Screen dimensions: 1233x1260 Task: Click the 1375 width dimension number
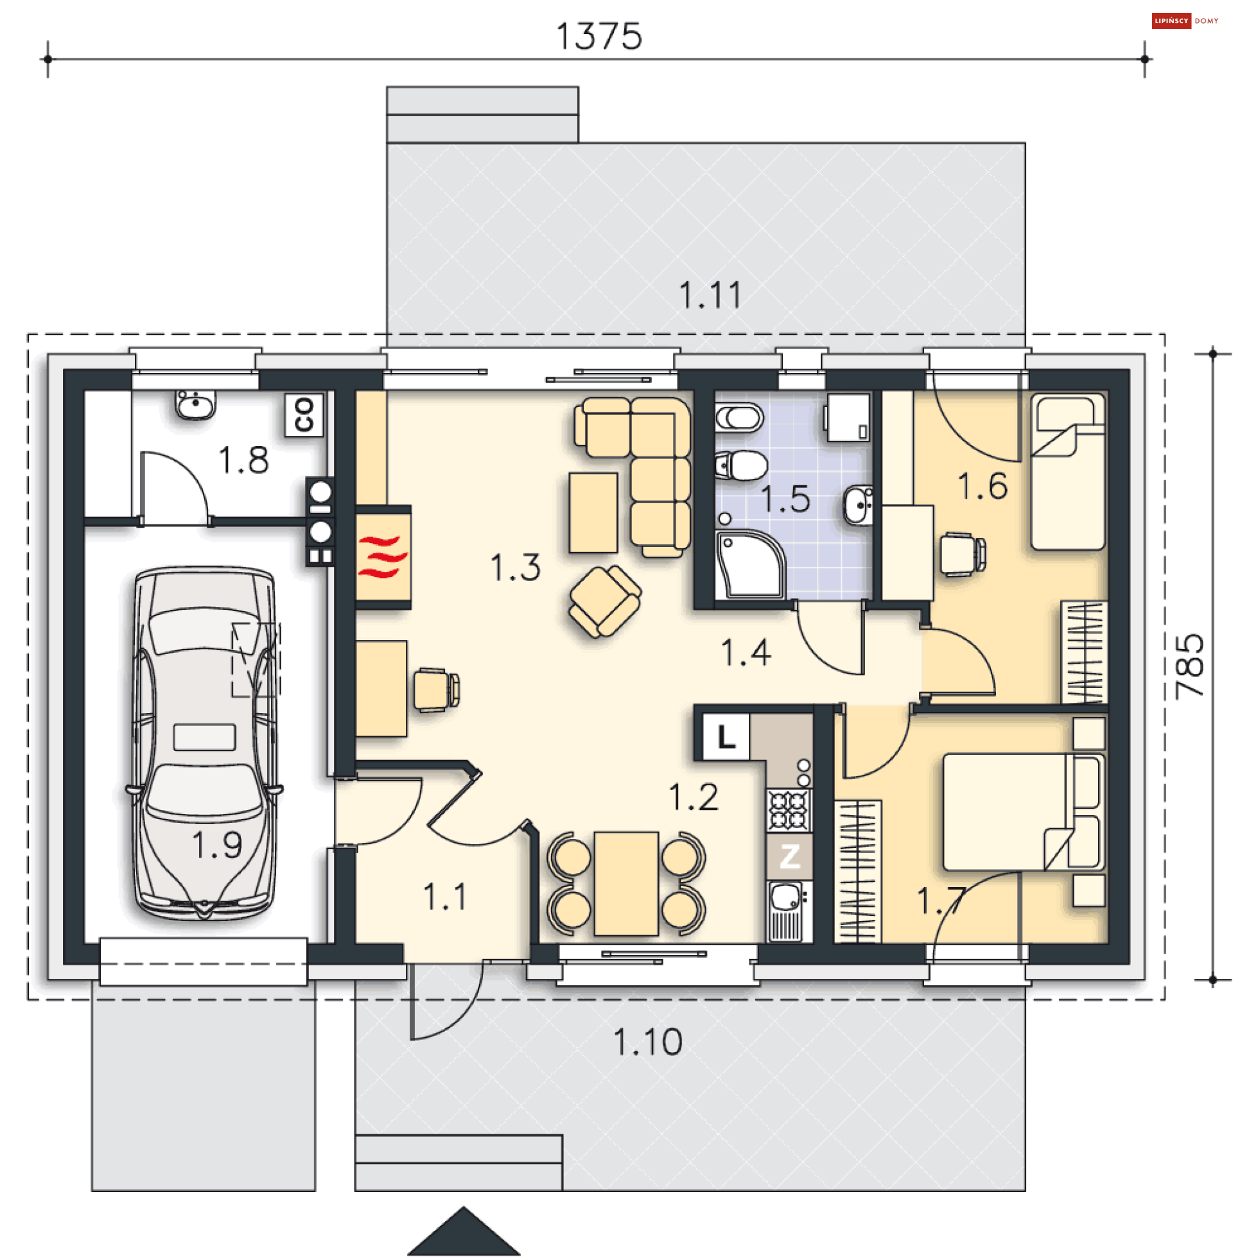(x=599, y=36)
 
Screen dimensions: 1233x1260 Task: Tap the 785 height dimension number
(x=1190, y=666)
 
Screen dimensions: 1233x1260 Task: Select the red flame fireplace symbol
(x=383, y=557)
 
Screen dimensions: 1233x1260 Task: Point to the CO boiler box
(x=304, y=415)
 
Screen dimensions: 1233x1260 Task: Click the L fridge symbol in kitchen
(x=726, y=736)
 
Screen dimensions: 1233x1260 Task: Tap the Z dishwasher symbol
(x=789, y=856)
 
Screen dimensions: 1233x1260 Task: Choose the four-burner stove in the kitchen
(x=789, y=810)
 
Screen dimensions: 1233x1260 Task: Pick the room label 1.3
(x=516, y=567)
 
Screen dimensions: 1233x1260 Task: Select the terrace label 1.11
(x=710, y=295)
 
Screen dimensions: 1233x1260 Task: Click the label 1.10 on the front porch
(x=647, y=1042)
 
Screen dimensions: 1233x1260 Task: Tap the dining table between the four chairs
(x=626, y=883)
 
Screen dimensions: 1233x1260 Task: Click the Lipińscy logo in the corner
(x=1185, y=21)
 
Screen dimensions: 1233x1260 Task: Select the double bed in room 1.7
(x=1024, y=811)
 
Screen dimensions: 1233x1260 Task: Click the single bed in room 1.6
(x=1068, y=472)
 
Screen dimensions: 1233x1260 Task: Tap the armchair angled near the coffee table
(x=605, y=601)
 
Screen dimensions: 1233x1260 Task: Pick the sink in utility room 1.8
(x=195, y=405)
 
